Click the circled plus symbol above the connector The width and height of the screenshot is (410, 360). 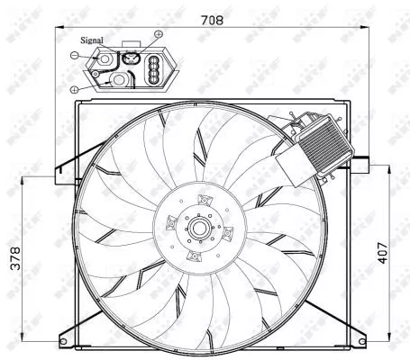coord(159,35)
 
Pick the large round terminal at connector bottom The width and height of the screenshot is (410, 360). coord(117,80)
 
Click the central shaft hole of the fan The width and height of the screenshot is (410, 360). coord(197,229)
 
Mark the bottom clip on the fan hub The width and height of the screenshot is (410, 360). coord(193,257)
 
